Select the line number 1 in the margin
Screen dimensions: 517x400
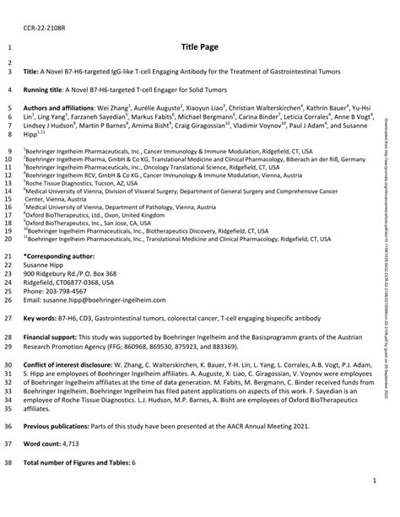click(8, 49)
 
